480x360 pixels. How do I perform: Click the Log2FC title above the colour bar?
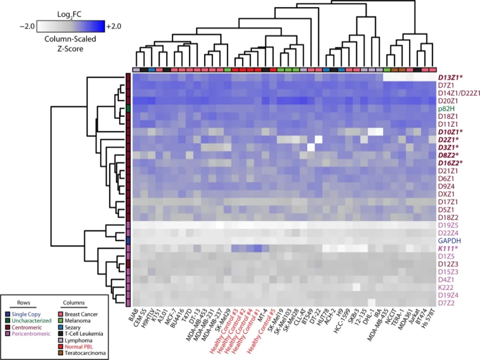coord(70,15)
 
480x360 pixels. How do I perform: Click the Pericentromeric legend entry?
coord(32,333)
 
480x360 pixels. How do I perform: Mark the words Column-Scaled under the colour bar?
coord(70,39)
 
